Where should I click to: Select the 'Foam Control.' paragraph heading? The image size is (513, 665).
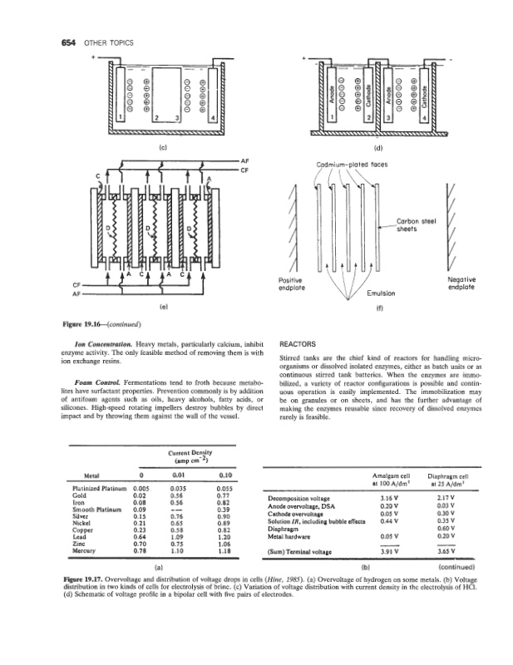click(x=96, y=382)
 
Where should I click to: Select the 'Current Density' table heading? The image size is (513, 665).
click(x=191, y=454)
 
